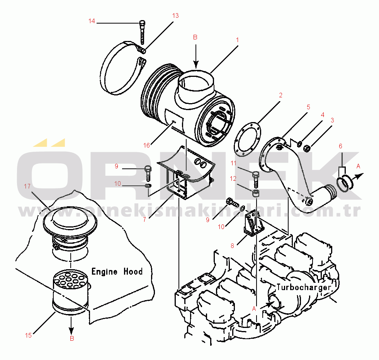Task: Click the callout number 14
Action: click(x=92, y=21)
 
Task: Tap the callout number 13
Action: click(x=175, y=16)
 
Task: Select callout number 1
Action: click(x=238, y=39)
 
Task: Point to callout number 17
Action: click(x=27, y=186)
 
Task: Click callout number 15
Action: click(x=28, y=335)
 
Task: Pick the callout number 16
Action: click(x=146, y=145)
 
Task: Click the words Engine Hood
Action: click(x=117, y=272)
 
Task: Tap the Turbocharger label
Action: click(x=304, y=287)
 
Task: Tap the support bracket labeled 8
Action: click(x=253, y=224)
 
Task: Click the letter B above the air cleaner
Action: click(x=195, y=37)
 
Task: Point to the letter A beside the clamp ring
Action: click(x=358, y=166)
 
